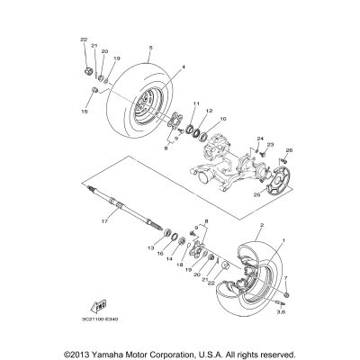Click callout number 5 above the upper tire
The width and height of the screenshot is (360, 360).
pyautogui.click(x=151, y=47)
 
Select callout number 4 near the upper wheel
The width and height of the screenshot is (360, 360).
pyautogui.click(x=184, y=67)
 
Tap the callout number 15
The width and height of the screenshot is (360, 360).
pyautogui.click(x=85, y=113)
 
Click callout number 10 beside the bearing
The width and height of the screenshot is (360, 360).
pyautogui.click(x=223, y=119)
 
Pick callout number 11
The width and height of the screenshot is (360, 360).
pyautogui.click(x=195, y=103)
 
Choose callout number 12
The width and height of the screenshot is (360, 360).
pyautogui.click(x=209, y=111)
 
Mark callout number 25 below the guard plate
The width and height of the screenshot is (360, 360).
pyautogui.click(x=256, y=193)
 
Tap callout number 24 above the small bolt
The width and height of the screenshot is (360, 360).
pyautogui.click(x=261, y=138)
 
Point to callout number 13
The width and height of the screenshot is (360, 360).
pyautogui.click(x=150, y=247)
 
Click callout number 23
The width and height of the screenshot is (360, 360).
pyautogui.click(x=269, y=145)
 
